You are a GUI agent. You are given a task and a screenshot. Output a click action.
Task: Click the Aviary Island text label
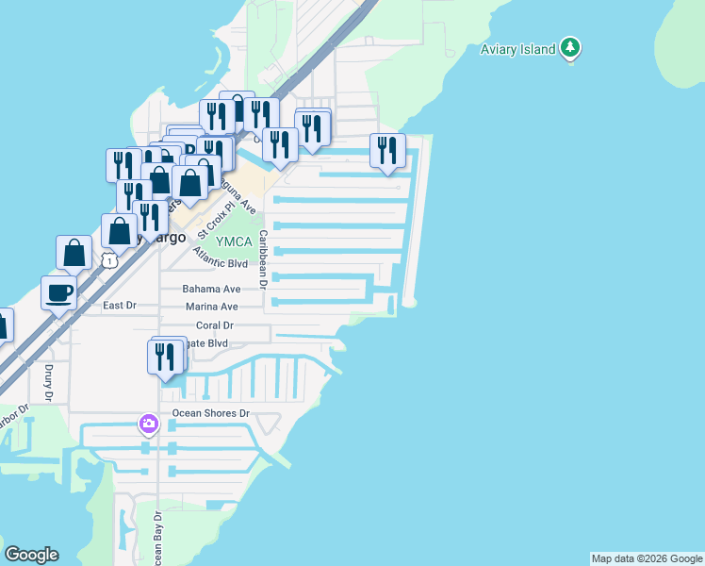[x=517, y=50]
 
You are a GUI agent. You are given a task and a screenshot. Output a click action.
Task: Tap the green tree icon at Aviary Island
[x=569, y=47]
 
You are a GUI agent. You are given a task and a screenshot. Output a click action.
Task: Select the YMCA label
[x=232, y=241]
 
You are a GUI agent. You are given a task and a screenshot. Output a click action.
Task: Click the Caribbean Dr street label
[x=264, y=258]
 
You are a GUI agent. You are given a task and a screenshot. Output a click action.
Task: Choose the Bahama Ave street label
[x=213, y=289]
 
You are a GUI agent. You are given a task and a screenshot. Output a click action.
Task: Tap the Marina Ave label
[x=211, y=307]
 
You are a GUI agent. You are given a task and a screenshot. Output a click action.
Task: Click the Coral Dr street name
[x=214, y=325]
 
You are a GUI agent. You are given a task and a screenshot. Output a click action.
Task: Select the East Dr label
[x=120, y=306]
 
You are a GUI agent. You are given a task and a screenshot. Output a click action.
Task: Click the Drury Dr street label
[x=49, y=381]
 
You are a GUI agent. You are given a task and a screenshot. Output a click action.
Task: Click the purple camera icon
[x=148, y=424]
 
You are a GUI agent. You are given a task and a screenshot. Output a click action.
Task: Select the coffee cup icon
[x=60, y=291]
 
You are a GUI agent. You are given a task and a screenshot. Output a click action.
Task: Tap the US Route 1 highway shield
[x=110, y=258]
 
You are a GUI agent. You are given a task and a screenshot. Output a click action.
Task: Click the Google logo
[x=31, y=555]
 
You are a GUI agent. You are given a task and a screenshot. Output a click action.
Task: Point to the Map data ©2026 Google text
[x=647, y=558]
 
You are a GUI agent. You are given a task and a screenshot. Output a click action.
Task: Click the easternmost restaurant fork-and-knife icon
[x=387, y=150]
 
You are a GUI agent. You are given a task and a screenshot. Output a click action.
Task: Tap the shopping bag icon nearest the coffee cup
[x=74, y=252]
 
